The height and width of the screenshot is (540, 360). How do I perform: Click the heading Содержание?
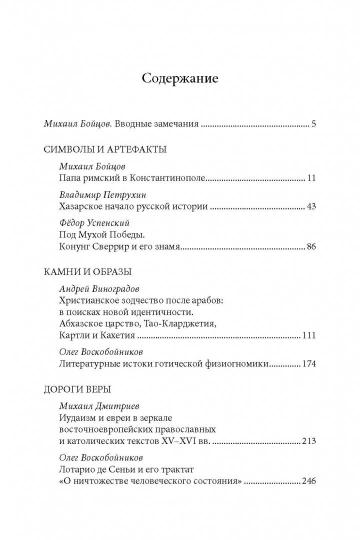tap(180, 76)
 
